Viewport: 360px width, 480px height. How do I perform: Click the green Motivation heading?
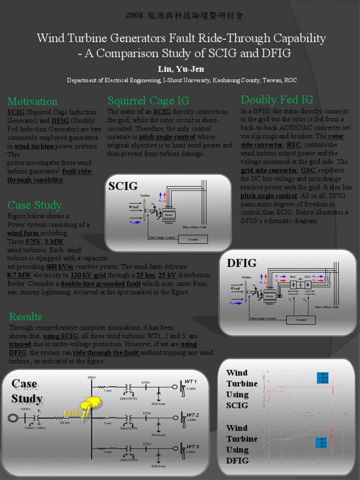32,101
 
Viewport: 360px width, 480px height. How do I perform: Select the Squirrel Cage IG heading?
148,100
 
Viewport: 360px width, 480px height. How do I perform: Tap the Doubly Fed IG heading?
277,99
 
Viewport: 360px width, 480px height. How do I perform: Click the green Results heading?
25,316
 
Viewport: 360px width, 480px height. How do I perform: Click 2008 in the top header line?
134,15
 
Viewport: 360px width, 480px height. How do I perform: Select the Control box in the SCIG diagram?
193,239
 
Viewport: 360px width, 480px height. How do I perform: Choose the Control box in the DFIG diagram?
300,320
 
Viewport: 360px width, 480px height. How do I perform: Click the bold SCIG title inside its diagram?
123,187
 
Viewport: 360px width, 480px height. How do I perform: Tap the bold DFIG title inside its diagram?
242,263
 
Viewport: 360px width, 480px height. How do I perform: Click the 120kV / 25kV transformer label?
35,428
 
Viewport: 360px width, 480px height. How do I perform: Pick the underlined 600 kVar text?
60,267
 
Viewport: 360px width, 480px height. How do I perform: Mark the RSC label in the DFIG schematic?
293,277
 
